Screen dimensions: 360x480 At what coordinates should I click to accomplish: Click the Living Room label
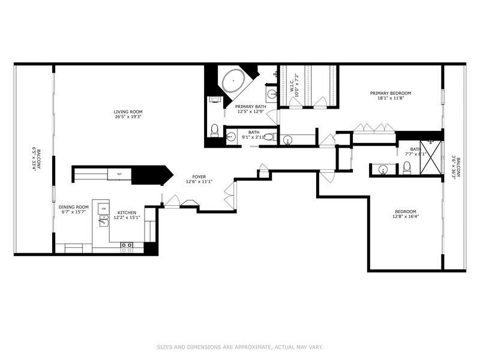coord(128,111)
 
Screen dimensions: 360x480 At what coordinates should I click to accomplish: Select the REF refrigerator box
coord(119,174)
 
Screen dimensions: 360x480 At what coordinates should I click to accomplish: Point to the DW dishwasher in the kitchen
coord(103,208)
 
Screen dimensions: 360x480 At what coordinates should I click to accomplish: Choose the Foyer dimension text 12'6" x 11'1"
coord(199,182)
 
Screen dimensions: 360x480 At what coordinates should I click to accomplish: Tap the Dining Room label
coord(73,208)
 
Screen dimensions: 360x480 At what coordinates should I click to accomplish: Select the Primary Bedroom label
coord(390,93)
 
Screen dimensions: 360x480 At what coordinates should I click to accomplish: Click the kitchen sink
coord(102,222)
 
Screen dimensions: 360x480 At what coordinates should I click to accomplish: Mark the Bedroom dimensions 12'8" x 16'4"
coord(406,217)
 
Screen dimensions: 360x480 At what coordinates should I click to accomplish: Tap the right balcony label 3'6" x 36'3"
coord(457,168)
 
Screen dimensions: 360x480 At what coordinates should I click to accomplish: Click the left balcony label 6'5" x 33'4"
coord(36,159)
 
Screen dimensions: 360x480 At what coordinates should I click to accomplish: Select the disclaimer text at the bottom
coord(239,347)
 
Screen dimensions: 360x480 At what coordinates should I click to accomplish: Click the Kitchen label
coord(127,212)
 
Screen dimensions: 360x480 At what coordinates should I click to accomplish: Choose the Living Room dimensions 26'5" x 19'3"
coord(128,116)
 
